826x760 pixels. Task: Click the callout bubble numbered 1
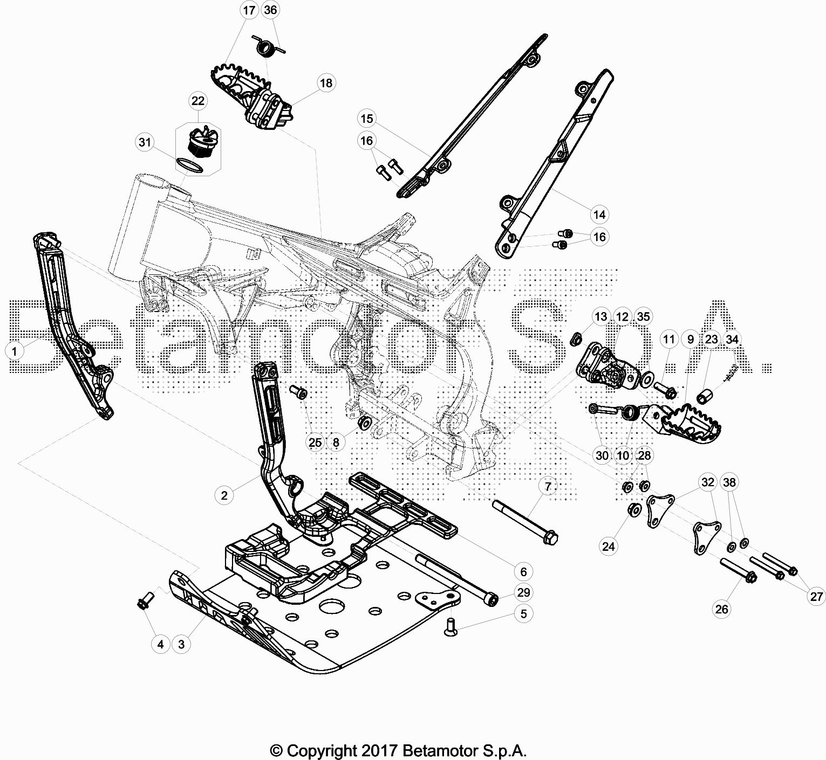click(x=15, y=351)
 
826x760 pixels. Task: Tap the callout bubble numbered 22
click(x=198, y=101)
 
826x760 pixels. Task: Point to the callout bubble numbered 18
click(x=326, y=83)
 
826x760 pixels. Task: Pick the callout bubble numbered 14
click(x=599, y=215)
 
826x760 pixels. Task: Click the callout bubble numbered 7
click(x=548, y=487)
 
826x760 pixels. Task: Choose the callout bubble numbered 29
click(x=523, y=592)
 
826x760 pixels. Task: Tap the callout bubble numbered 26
click(x=721, y=609)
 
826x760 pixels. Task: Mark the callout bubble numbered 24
click(x=609, y=547)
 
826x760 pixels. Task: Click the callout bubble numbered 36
click(x=271, y=10)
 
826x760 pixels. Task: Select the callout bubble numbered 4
click(x=160, y=644)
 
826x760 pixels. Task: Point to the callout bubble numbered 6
click(x=523, y=571)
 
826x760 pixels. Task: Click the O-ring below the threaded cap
click(x=190, y=165)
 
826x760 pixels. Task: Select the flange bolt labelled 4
click(x=145, y=602)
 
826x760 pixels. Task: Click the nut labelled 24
click(x=634, y=509)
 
